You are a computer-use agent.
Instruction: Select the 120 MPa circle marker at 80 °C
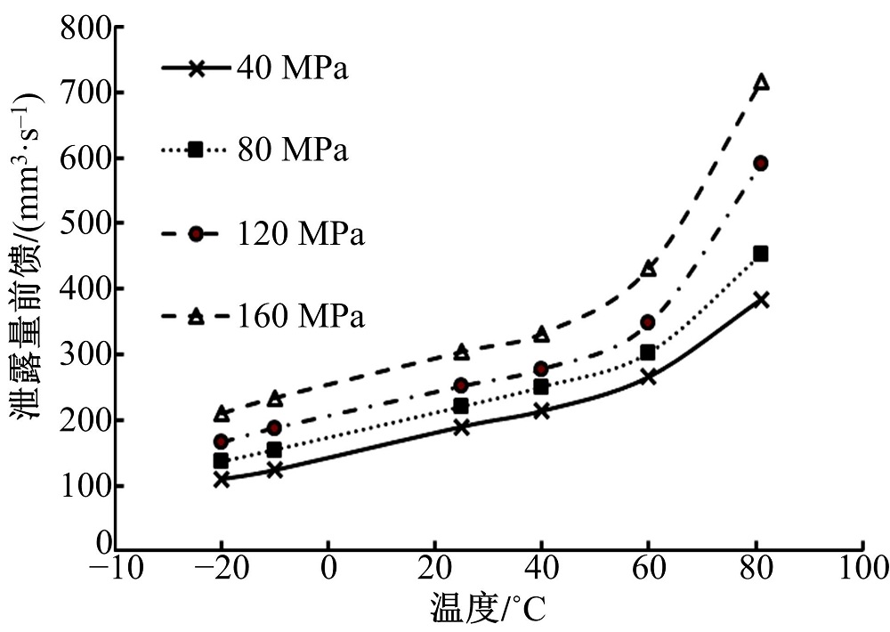(x=761, y=163)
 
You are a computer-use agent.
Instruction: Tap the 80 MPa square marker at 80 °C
(x=761, y=255)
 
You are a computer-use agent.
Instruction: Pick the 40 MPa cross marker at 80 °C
(x=761, y=300)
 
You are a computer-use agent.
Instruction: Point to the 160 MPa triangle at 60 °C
(x=649, y=269)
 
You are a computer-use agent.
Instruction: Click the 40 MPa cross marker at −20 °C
(x=222, y=479)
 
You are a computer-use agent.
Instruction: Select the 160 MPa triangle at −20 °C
(x=222, y=414)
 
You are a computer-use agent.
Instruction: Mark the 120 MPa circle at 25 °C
(x=461, y=385)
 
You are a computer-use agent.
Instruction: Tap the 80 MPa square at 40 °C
(x=541, y=387)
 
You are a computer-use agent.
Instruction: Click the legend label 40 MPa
(x=292, y=69)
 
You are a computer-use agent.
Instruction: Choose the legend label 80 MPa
(x=292, y=150)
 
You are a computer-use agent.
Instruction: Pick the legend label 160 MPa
(x=301, y=316)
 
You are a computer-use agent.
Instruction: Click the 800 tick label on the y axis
(x=86, y=28)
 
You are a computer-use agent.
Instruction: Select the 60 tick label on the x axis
(x=648, y=568)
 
